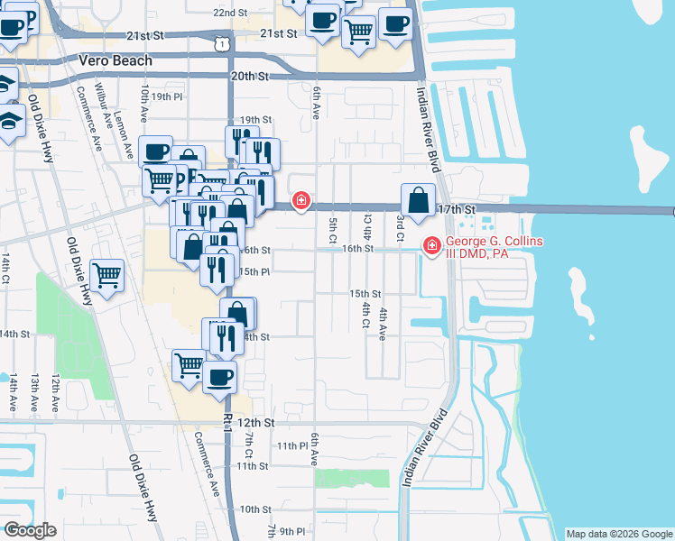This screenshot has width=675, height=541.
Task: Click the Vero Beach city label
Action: coord(115,60)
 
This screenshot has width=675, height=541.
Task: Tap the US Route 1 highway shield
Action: coord(222,43)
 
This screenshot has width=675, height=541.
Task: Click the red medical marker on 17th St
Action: coord(301,201)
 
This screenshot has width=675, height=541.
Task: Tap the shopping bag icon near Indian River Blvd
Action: coord(419,199)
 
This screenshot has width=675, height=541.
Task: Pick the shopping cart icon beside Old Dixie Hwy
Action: coord(106,275)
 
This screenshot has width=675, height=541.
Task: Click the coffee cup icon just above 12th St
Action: coord(219,376)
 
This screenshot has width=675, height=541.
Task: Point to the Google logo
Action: coord(30,529)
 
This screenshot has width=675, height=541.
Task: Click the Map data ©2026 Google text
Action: coord(619,534)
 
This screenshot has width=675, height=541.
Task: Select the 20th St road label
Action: coord(251,78)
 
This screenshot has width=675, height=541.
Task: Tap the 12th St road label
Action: coord(256,422)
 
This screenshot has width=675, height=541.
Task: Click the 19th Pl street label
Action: coord(167,96)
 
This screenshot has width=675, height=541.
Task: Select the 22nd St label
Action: coord(229,14)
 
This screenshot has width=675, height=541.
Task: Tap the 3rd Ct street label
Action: coord(399,228)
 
